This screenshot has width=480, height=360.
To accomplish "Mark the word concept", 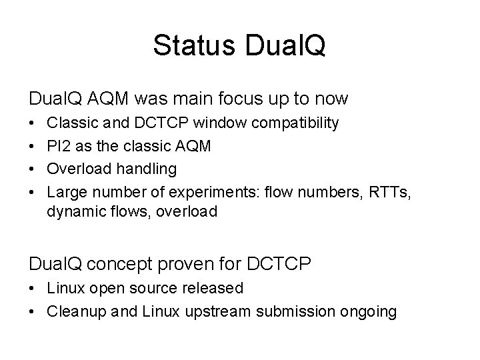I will pyautogui.click(x=131, y=263).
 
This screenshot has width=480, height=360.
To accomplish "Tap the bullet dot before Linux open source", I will pyautogui.click(x=33, y=288).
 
